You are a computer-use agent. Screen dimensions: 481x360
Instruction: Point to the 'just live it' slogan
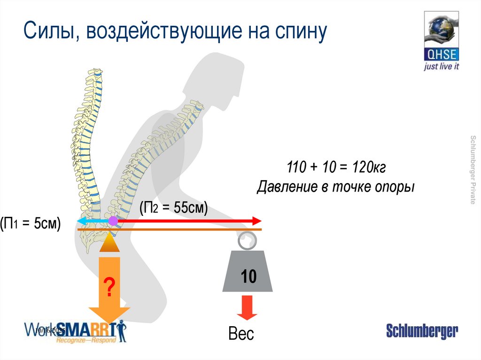pyautogui.click(x=441, y=67)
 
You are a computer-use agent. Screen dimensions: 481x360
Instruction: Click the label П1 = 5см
pyautogui.click(x=31, y=223)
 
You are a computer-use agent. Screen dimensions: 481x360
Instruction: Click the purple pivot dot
pyautogui.click(x=113, y=221)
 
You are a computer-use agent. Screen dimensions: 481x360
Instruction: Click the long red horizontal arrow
pyautogui.click(x=188, y=221)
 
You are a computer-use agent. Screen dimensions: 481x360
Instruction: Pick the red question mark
pyautogui.click(x=109, y=287)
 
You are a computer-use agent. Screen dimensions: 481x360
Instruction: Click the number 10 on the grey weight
pyautogui.click(x=248, y=277)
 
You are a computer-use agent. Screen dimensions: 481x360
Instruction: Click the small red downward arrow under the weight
pyautogui.click(x=247, y=307)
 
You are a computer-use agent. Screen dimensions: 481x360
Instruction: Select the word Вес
pyautogui.click(x=241, y=334)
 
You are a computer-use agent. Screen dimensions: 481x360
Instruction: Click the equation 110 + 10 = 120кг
pyautogui.click(x=336, y=167)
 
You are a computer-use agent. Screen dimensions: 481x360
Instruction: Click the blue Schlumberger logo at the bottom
pyautogui.click(x=421, y=331)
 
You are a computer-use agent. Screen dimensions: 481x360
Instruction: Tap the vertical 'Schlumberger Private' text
pyautogui.click(x=473, y=169)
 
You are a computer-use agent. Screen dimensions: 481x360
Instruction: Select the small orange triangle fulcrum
pyautogui.click(x=109, y=243)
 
